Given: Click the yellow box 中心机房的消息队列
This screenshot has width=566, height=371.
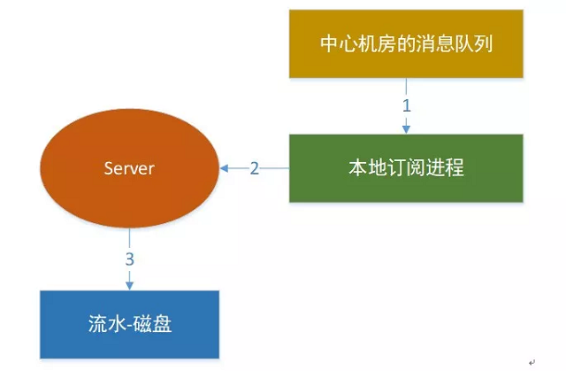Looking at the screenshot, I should coord(406,43).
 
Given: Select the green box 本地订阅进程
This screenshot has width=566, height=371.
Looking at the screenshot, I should coord(406,168).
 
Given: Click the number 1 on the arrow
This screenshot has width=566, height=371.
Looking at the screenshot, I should coord(407,104).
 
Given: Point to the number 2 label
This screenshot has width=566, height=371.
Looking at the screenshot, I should coord(255,168).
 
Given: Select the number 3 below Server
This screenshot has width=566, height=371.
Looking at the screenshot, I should coord(130,259).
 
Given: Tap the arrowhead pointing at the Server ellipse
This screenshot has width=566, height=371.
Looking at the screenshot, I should coord(225,168).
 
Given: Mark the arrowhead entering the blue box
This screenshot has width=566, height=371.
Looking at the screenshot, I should coord(130,285).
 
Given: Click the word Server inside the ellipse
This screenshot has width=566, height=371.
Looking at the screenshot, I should coord(130,168).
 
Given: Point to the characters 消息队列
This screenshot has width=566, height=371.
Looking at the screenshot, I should coord(448,43).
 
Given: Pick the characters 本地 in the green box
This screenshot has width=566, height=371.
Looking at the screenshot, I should coord(363,168).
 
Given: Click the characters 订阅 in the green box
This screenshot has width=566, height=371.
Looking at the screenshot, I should coord(405,168).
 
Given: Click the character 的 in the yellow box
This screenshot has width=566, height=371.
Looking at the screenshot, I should coord(397,43).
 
